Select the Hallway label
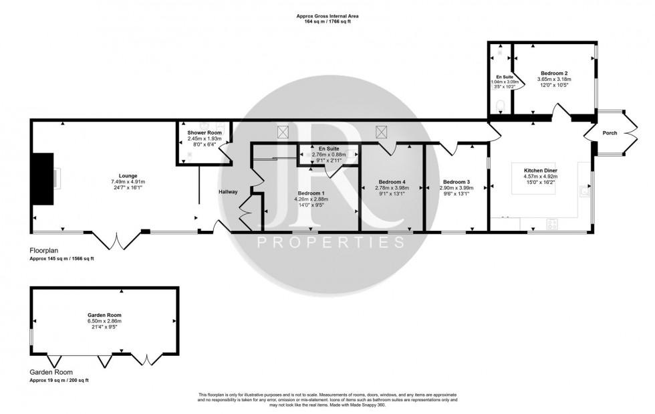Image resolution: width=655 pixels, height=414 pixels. coord(228,193)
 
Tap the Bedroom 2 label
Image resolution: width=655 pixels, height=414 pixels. coord(554,72)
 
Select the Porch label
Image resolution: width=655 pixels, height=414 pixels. coord(610,133)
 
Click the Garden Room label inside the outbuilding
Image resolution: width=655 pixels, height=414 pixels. coord(104,314)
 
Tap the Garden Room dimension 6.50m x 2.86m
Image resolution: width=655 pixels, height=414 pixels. coord(104,321)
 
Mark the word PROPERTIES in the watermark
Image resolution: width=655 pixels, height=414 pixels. coord(331,241)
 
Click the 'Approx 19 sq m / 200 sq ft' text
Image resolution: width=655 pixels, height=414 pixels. coord(59,380)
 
